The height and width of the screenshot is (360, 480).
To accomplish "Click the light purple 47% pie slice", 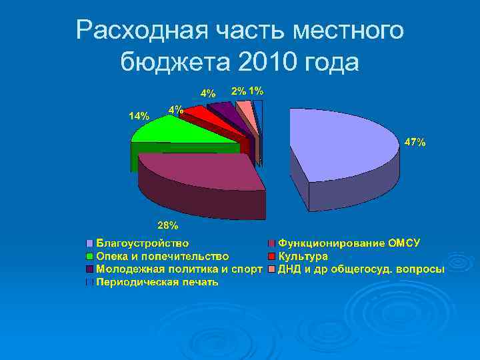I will coord(340,147).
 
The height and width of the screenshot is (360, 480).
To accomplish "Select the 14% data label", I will coord(139,115).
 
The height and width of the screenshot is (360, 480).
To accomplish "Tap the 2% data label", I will coord(239,91).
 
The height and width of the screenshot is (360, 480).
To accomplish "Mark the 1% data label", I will coord(256,91).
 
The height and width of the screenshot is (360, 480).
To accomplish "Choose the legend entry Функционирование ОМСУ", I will coord(349,243).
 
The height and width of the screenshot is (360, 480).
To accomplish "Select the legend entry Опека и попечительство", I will coord(163,256).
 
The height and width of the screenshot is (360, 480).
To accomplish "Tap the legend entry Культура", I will coord(303,256).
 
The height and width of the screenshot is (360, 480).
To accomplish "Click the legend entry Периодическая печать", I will coord(157,282).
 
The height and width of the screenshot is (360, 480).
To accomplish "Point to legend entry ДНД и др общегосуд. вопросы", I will coord(361,269).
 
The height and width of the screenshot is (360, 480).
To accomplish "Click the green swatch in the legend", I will coord(89,256).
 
